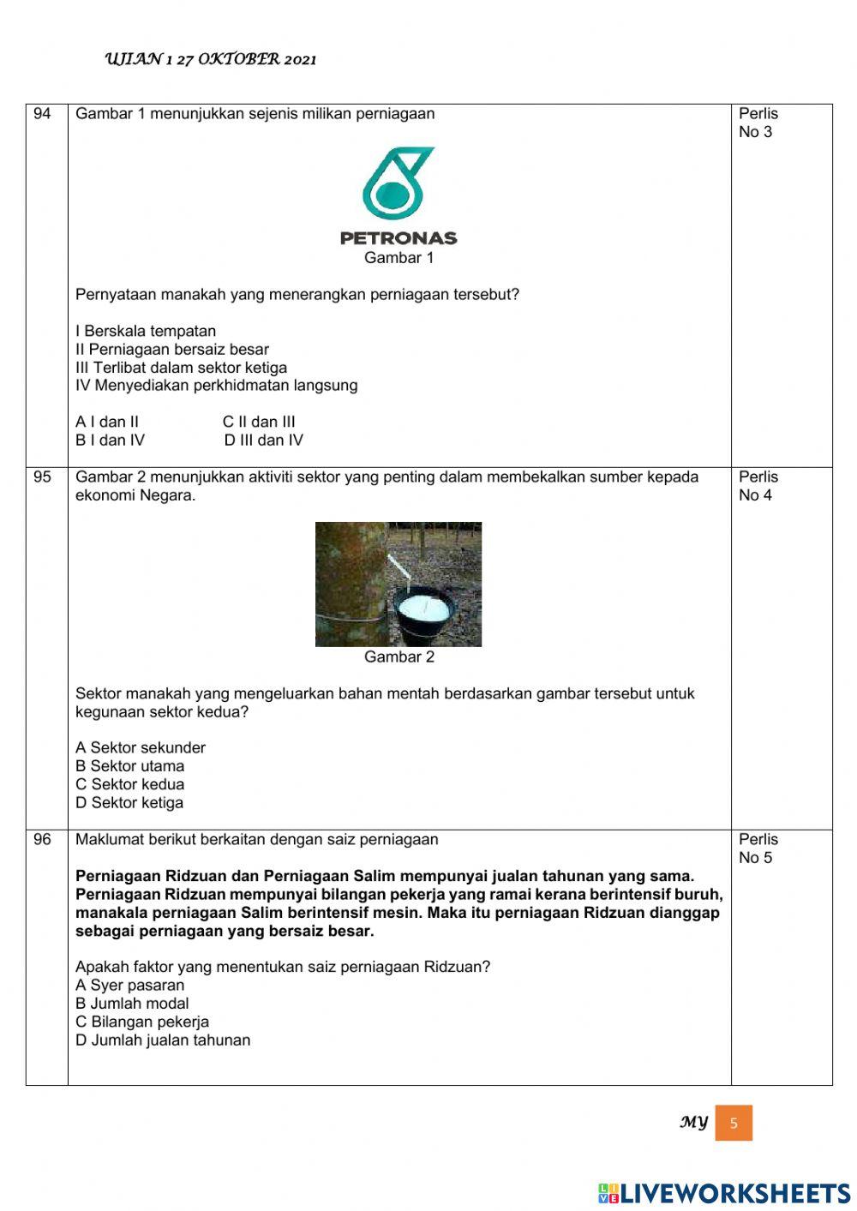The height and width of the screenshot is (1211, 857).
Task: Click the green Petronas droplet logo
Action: coord(398,183)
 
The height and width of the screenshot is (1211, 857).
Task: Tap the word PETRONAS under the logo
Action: coord(399,238)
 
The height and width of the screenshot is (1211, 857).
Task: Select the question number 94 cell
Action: coord(43,114)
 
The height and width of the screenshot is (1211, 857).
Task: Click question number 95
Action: coord(43,477)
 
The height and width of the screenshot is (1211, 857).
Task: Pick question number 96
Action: coord(43,840)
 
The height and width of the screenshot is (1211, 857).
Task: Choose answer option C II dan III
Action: coord(259,422)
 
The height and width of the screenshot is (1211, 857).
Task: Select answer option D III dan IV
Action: coord(263,441)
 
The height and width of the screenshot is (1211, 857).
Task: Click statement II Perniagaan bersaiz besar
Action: coord(172,350)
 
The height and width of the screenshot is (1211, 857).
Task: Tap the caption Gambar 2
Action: coord(399,657)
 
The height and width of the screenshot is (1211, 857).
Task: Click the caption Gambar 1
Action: coord(399,258)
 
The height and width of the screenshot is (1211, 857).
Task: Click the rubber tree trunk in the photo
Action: coord(343,583)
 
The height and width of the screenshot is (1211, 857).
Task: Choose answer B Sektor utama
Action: coord(129,766)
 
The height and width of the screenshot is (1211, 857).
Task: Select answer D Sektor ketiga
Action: coord(129,803)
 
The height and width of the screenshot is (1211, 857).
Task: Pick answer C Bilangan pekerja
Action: coord(142,1022)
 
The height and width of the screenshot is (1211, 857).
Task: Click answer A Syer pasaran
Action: coord(129,986)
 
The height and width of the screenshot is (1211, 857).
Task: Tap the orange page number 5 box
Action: coord(734,1123)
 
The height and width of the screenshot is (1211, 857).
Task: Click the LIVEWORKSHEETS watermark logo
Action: coord(724,1193)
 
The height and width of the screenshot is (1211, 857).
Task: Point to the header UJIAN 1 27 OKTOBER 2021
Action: coord(211,59)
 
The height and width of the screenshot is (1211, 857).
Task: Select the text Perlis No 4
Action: coord(758,486)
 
